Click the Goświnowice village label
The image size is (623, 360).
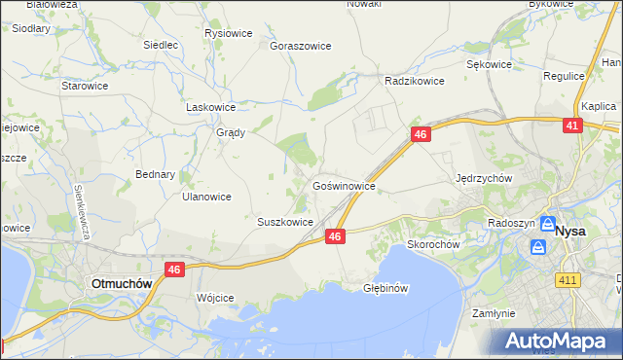pos(344,184)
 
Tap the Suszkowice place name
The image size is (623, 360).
pos(284,222)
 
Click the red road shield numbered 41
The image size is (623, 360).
pos(572,126)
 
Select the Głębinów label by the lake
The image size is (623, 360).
pos(385,289)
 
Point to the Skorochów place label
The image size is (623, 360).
pos(433,245)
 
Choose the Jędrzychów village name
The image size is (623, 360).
pos(484,179)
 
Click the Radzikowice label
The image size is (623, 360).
pos(415,82)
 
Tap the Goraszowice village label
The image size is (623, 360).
pos(301,46)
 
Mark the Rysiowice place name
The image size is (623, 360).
pos(229,33)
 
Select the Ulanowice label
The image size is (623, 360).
pos(206,197)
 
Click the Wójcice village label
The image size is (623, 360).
pos(215,298)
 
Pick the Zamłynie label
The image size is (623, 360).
pos(494,314)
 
